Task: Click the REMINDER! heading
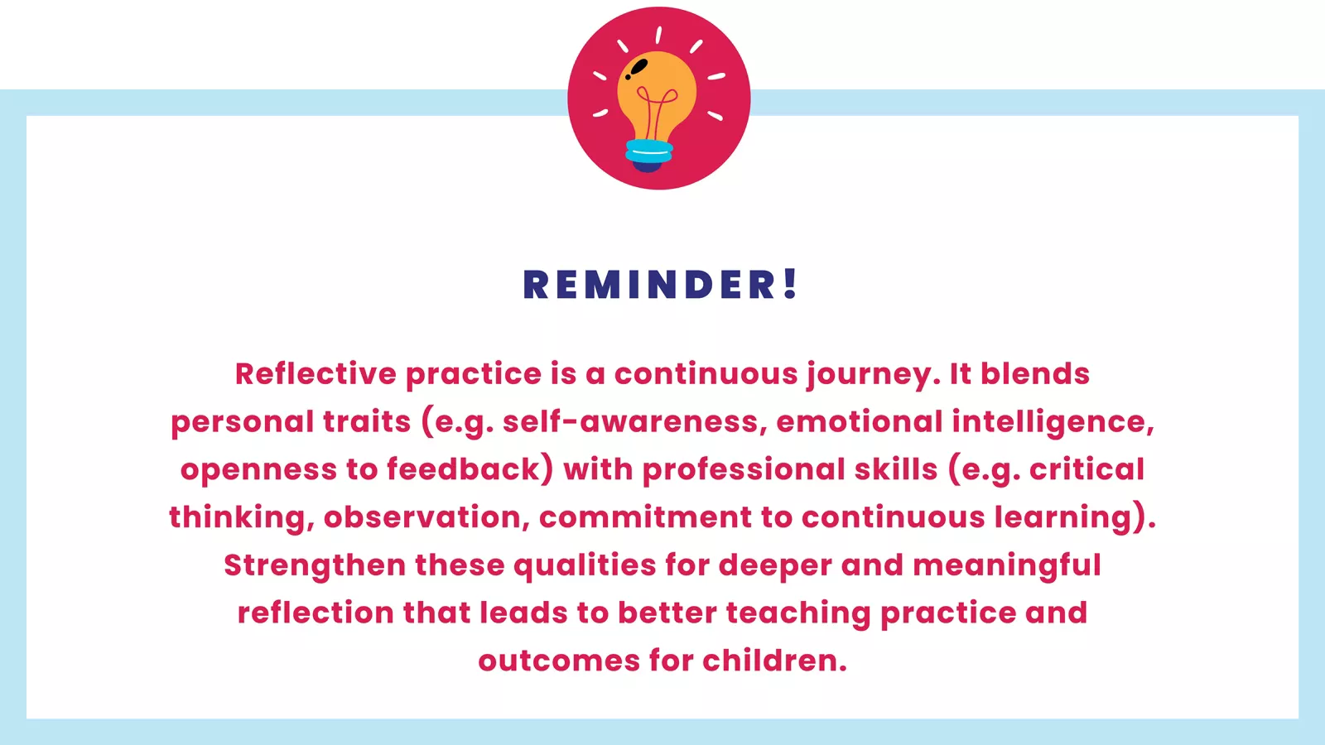tap(660, 285)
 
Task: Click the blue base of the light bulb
tap(649, 151)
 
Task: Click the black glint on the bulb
tap(638, 67)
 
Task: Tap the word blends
tap(1035, 373)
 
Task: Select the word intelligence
tap(1050, 422)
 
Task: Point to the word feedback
tap(465, 469)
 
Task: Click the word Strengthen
tap(315, 565)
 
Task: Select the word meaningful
tap(1006, 565)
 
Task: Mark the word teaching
tap(798, 613)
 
